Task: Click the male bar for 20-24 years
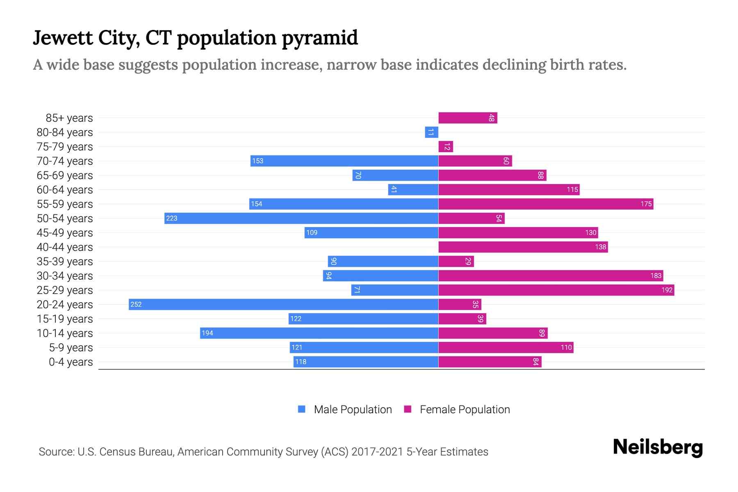[x=283, y=304]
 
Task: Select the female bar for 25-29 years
[x=556, y=290]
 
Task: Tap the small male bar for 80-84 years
[x=431, y=132]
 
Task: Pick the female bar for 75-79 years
[x=445, y=146]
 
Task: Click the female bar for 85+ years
[x=467, y=118]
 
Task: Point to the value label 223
[x=172, y=218]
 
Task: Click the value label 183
[x=656, y=276]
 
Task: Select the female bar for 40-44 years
[x=523, y=247]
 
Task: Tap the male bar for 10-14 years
[x=319, y=333]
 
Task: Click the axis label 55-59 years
[x=65, y=204]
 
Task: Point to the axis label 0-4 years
[x=71, y=362]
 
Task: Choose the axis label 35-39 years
[x=65, y=261]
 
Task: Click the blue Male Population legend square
[x=302, y=409]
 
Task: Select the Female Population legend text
[x=465, y=409]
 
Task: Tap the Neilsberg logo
[x=658, y=447]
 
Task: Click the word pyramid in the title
[x=320, y=38]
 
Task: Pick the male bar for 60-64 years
[x=413, y=189]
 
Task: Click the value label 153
[x=257, y=161]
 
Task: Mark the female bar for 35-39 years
[x=456, y=261]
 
